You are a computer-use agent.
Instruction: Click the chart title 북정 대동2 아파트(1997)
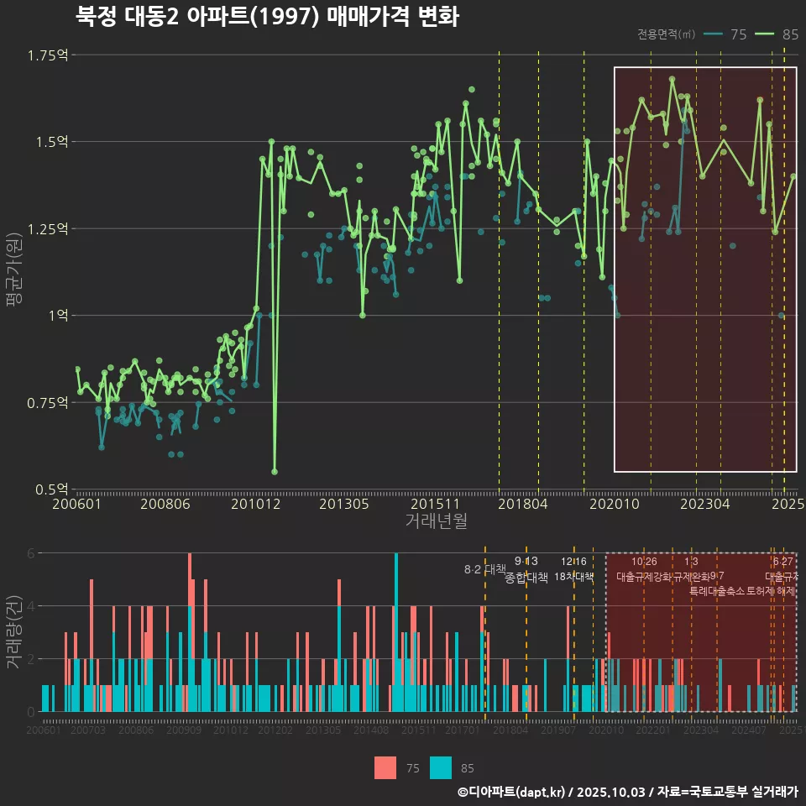(267, 17)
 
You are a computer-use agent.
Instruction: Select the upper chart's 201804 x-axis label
(524, 505)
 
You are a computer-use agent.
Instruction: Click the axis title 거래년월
(436, 521)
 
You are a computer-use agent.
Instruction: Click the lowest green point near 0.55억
(275, 472)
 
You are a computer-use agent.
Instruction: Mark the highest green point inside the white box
(672, 79)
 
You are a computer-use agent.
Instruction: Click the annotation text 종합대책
(526, 578)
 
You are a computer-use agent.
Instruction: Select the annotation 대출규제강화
(643, 578)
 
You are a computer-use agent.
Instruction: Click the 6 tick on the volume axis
(30, 553)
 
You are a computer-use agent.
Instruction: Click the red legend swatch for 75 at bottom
(385, 767)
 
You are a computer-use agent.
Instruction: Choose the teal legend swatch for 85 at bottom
(441, 767)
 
